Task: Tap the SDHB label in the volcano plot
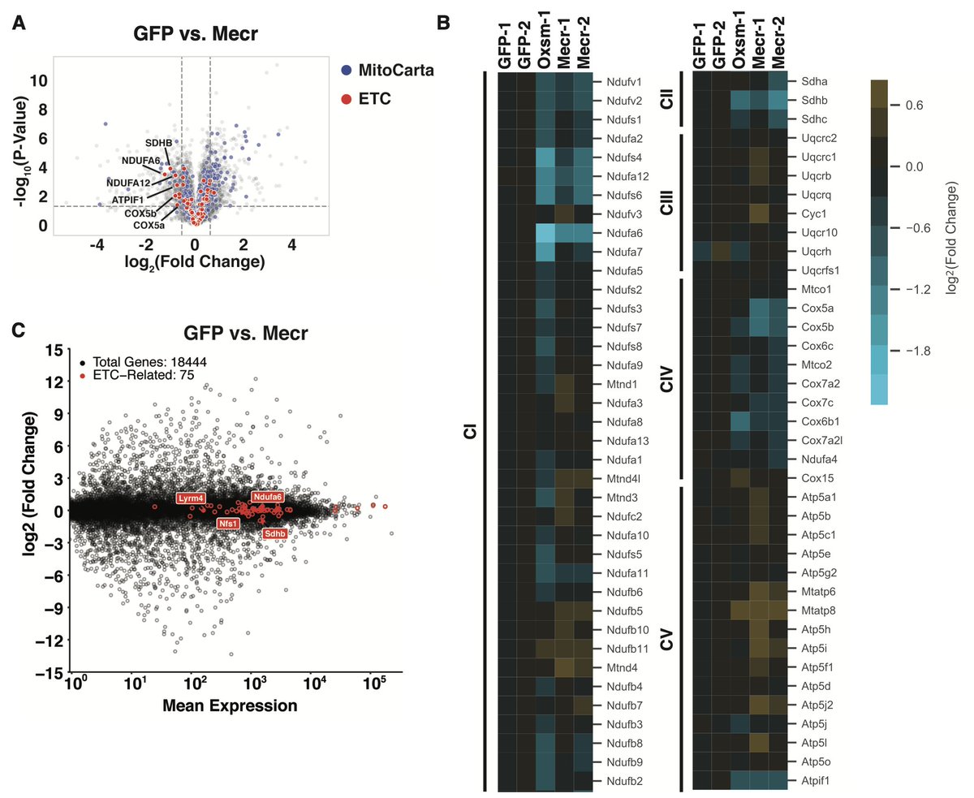tap(159, 143)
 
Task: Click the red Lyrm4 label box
tap(191, 498)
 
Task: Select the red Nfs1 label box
tap(228, 524)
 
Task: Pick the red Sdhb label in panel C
tap(274, 533)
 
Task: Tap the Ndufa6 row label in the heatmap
tap(623, 232)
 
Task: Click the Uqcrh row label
tap(819, 251)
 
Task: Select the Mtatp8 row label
tap(820, 609)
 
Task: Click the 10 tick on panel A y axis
tap(38, 80)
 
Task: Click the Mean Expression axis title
tap(230, 705)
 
